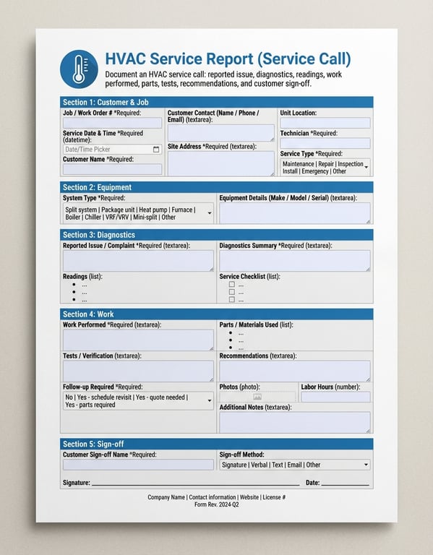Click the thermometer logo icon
(79, 69)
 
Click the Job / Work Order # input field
(112, 124)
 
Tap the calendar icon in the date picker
(156, 150)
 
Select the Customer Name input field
(112, 169)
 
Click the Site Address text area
(220, 163)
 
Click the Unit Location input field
(325, 124)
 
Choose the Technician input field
(325, 143)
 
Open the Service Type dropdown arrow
(366, 168)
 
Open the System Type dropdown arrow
(209, 213)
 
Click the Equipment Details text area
(294, 212)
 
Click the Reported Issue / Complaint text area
(138, 260)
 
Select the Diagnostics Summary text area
(294, 260)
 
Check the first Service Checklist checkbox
(231, 285)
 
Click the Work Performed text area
(138, 340)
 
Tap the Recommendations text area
(294, 370)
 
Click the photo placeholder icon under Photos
(257, 397)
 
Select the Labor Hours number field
(335, 397)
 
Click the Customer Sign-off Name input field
(138, 465)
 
